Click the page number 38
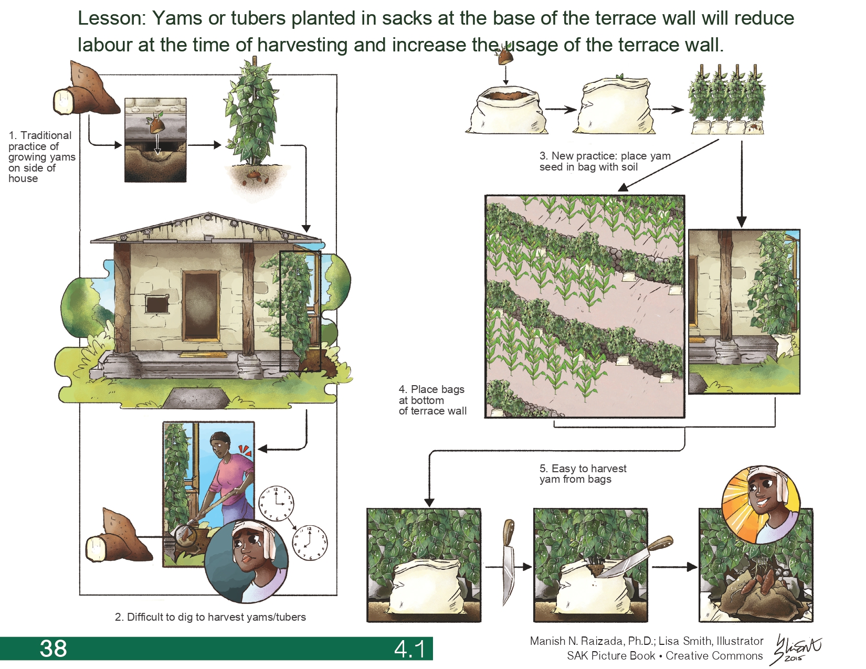(54, 649)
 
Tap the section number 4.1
(410, 649)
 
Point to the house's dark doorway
(200, 305)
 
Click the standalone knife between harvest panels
(508, 561)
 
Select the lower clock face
(310, 542)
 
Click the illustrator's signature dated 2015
(796, 649)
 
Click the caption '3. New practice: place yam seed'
(605, 162)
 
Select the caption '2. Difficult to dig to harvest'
(210, 617)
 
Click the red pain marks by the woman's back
(245, 450)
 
